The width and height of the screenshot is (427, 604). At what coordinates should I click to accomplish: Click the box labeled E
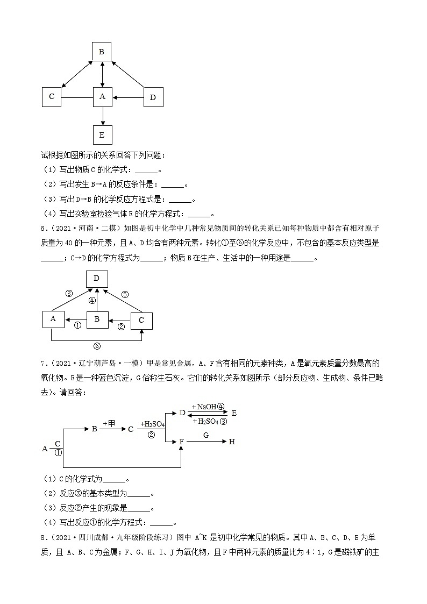(x=102, y=134)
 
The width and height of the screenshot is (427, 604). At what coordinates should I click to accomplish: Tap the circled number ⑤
(x=125, y=294)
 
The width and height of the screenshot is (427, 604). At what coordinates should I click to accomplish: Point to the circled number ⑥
(x=97, y=346)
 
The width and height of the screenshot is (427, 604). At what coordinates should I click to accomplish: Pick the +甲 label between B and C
(x=109, y=423)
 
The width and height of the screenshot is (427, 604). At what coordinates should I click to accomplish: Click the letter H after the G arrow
(x=232, y=442)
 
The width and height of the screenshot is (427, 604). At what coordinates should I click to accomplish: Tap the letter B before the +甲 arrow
(x=94, y=429)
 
